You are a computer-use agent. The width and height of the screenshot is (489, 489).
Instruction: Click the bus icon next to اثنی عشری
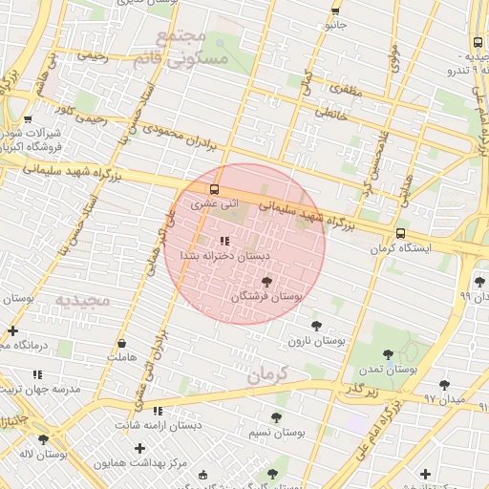click(213, 189)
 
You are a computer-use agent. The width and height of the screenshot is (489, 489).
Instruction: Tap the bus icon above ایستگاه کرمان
click(399, 233)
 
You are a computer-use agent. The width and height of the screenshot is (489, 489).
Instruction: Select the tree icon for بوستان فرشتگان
click(266, 282)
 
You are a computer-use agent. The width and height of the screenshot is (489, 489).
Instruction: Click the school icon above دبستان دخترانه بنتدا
click(224, 242)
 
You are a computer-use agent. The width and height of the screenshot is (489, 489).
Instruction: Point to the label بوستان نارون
click(316, 340)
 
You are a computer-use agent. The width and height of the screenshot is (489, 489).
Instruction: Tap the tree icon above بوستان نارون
click(316, 326)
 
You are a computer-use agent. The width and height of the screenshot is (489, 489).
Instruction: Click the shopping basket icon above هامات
click(122, 343)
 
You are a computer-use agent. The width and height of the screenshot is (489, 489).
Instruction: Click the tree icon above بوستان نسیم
click(276, 417)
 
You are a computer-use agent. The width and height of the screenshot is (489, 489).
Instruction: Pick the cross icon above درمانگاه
click(12, 330)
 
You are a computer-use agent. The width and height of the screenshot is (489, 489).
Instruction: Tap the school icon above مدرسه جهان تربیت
click(38, 374)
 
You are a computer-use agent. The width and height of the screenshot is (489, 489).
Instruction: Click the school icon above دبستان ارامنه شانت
click(158, 411)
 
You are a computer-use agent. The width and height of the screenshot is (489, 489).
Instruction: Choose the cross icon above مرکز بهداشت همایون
click(140, 448)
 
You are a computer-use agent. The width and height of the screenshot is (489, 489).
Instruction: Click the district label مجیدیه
click(82, 301)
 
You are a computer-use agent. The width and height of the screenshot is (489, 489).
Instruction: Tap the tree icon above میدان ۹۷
click(444, 384)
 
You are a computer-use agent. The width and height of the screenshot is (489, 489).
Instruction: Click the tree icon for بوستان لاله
click(43, 439)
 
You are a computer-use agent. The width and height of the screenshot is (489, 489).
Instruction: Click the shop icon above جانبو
click(334, 11)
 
